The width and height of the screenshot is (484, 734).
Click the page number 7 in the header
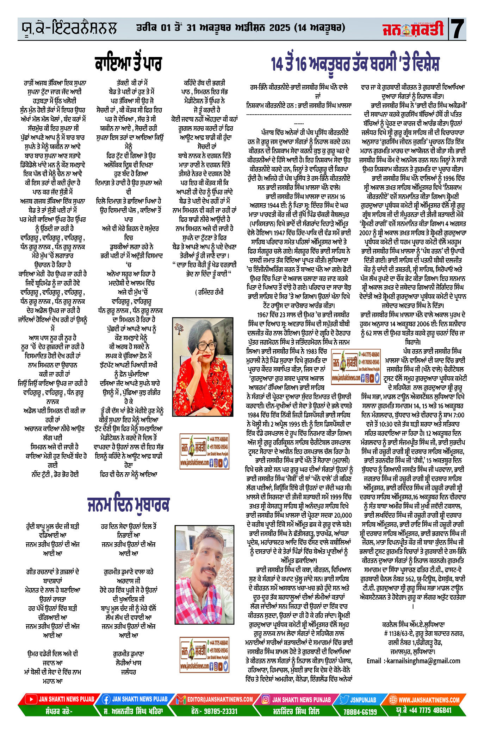(x=458, y=29)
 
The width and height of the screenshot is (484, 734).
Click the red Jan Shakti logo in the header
(x=413, y=29)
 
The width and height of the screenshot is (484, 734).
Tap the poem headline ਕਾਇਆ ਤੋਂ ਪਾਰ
(x=128, y=64)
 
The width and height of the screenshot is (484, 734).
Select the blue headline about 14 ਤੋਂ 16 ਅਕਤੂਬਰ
(x=355, y=64)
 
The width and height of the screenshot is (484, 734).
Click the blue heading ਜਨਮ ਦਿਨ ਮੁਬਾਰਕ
(x=129, y=504)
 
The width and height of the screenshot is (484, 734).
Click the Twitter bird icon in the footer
(x=344, y=700)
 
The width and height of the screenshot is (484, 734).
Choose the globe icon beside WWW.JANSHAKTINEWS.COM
(x=393, y=700)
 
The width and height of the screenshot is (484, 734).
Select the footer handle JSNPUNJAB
(x=363, y=700)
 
